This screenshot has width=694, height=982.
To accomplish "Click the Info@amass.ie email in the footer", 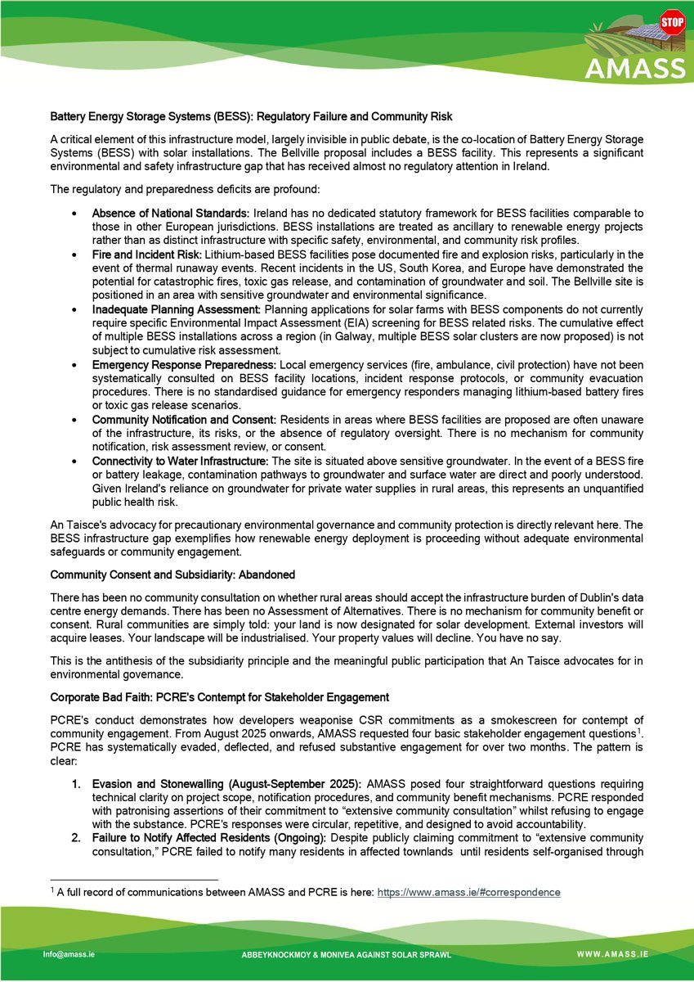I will click(68, 954).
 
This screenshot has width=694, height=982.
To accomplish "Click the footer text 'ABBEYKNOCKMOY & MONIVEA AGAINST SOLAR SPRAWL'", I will click(346, 955).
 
